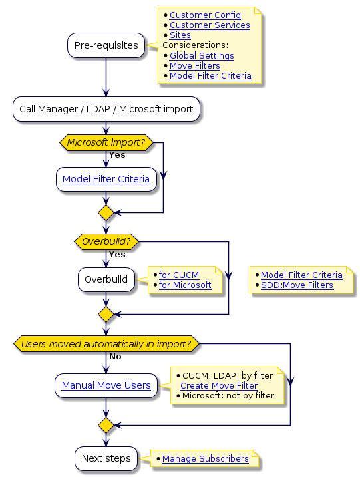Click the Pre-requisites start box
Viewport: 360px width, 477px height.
[x=106, y=45]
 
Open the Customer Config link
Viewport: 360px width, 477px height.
[x=205, y=15]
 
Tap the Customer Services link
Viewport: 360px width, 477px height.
[x=210, y=25]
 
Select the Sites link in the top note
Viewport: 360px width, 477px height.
[x=180, y=35]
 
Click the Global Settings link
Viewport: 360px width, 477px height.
[x=202, y=56]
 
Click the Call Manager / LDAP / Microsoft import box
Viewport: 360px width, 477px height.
[x=106, y=109]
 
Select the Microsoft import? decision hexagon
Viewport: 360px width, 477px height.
[x=106, y=143]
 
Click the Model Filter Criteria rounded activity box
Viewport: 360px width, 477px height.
[x=106, y=180]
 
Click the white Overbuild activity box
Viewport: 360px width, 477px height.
[x=106, y=279]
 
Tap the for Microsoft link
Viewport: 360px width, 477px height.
[x=184, y=285]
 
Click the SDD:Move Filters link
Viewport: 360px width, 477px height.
[x=297, y=285]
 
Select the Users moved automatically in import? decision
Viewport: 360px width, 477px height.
[x=106, y=344]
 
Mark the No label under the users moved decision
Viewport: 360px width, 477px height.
[x=115, y=357]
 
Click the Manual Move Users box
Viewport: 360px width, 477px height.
[x=106, y=385]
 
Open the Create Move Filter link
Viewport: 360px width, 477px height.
[x=219, y=386]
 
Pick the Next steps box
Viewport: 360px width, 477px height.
[x=106, y=458]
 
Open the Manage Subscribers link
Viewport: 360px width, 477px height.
[x=205, y=459]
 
